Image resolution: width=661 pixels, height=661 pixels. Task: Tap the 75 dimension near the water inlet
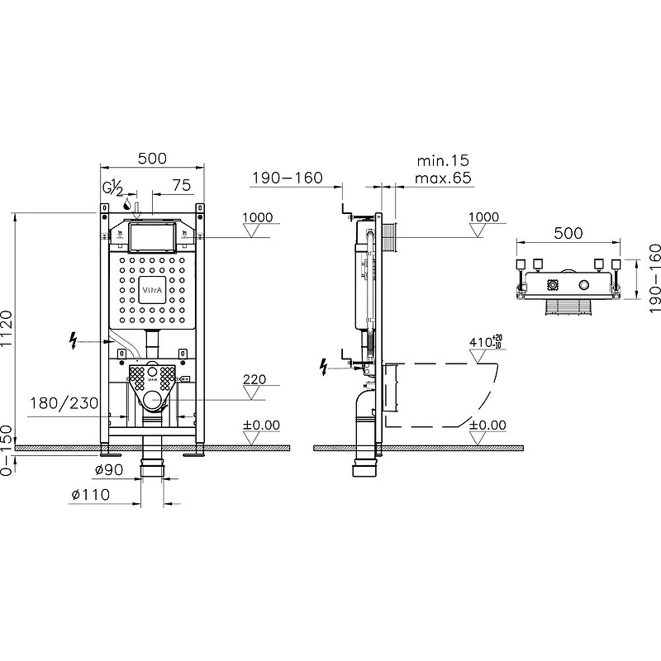(182, 185)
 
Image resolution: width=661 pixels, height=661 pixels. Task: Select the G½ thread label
(113, 188)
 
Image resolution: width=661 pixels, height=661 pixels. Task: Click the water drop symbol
(126, 205)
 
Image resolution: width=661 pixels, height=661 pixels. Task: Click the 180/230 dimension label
(64, 403)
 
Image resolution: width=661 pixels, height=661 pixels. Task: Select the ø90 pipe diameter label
(109, 469)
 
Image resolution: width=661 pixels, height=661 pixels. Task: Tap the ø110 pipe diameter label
(90, 494)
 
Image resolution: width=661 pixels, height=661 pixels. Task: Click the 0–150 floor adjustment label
(7, 450)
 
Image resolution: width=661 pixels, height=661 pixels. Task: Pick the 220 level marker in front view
(254, 379)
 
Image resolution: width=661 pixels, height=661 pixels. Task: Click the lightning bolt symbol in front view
(74, 340)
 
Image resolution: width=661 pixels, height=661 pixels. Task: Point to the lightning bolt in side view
(324, 367)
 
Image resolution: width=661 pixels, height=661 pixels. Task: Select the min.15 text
(443, 160)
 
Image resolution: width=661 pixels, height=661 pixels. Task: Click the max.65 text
(443, 178)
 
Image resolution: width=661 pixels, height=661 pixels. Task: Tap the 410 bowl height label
(486, 341)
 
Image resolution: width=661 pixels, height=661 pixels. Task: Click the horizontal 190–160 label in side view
(288, 178)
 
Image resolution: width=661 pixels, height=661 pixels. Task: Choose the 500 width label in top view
(568, 233)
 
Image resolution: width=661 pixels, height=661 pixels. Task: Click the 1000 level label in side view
(483, 217)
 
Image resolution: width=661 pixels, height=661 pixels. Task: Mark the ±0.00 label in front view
(262, 425)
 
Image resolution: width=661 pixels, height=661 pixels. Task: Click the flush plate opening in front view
(152, 238)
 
